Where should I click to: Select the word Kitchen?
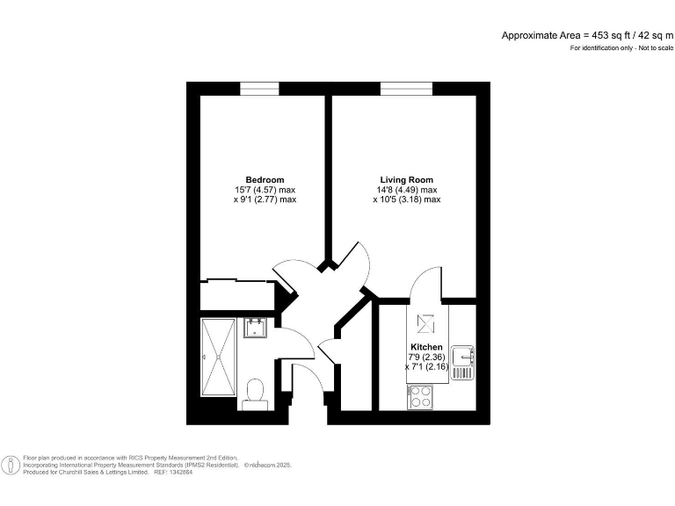pyautogui.click(x=426, y=347)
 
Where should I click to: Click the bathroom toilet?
pyautogui.click(x=256, y=392)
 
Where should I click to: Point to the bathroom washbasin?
pyautogui.click(x=255, y=328)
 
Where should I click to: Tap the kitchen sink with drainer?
pyautogui.click(x=463, y=363)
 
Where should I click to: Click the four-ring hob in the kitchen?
pyautogui.click(x=419, y=397)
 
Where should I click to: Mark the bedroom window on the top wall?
pyautogui.click(x=259, y=88)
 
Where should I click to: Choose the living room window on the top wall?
pyautogui.click(x=405, y=88)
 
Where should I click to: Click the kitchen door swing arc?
pyautogui.click(x=424, y=283)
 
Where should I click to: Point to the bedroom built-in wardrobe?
pyautogui.click(x=235, y=296)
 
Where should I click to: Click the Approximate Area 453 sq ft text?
pyautogui.click(x=587, y=35)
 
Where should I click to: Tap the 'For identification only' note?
pyautogui.click(x=621, y=47)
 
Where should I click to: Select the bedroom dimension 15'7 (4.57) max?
pyautogui.click(x=265, y=190)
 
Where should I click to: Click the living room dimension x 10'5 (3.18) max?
pyautogui.click(x=405, y=199)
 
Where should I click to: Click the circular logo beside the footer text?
pyautogui.click(x=11, y=465)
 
